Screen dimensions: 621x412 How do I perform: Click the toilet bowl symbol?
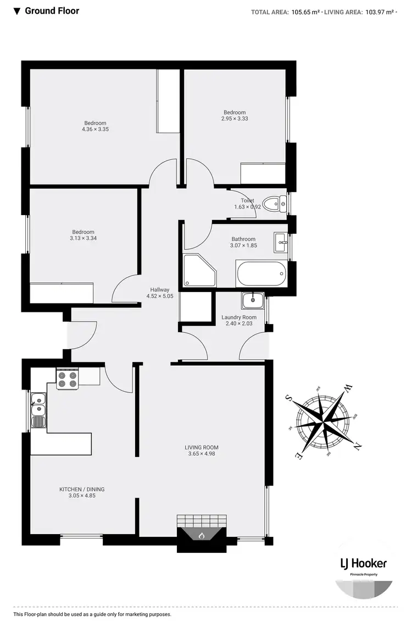(273, 205)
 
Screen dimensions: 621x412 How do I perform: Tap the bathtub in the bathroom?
(261, 273)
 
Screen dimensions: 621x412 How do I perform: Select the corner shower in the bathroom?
(199, 270)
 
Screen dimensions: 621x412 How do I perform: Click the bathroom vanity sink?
(280, 241)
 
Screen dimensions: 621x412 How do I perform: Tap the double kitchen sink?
(38, 410)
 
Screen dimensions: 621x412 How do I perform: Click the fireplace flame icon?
(202, 535)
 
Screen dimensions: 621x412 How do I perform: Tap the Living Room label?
(202, 447)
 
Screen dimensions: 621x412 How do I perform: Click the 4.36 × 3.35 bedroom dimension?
(95, 130)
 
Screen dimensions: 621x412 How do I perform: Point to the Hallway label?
(160, 290)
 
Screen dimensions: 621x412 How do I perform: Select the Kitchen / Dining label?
(82, 489)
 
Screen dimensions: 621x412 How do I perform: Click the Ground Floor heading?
(52, 10)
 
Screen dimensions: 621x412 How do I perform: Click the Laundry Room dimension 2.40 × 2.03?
(239, 324)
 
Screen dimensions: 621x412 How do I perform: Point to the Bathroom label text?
(243, 239)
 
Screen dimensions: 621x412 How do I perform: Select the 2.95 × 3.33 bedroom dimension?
(235, 119)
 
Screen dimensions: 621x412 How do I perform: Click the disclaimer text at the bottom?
(92, 614)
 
